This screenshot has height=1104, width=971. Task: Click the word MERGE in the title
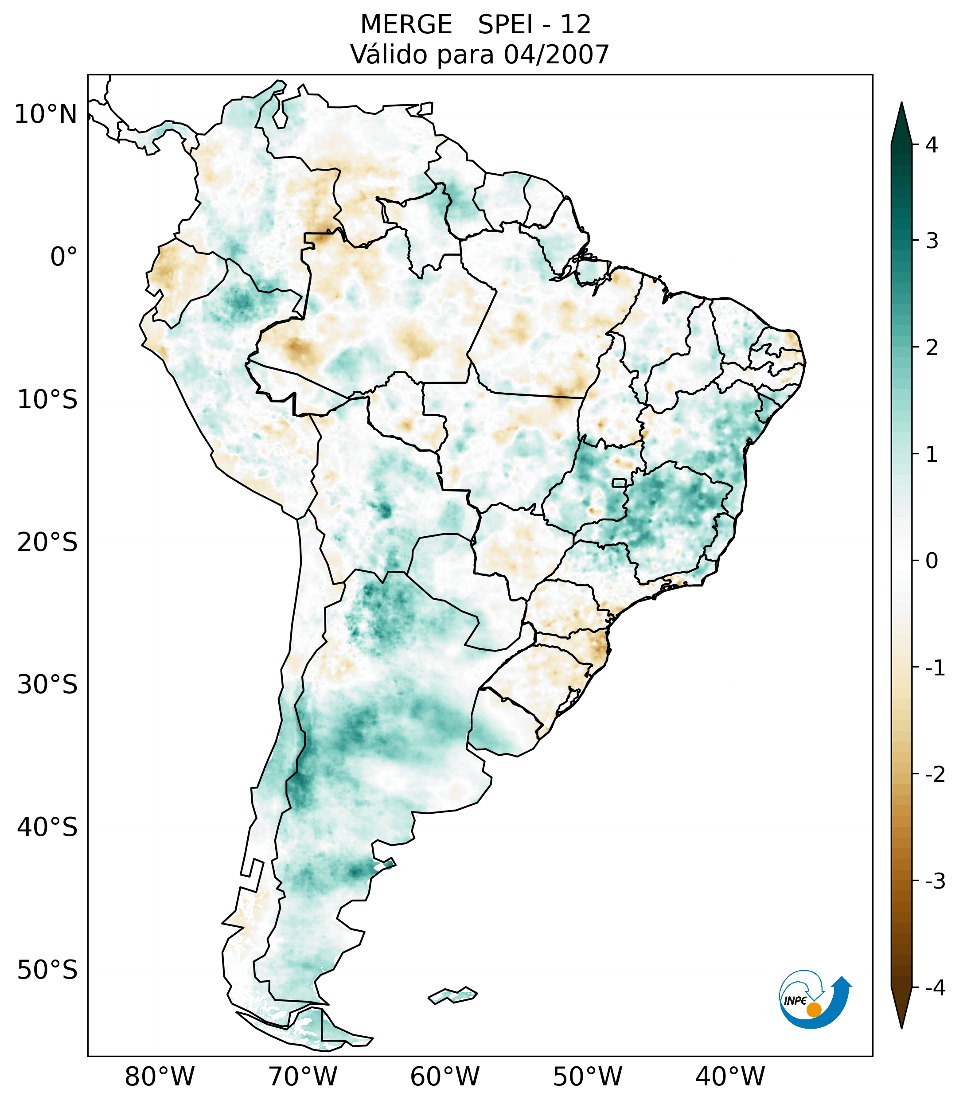(406, 25)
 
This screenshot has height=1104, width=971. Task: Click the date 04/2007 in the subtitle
(556, 55)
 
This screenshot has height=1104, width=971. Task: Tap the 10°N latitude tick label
(46, 114)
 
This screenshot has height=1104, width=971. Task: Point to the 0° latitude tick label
(64, 257)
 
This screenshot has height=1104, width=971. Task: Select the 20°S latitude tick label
(47, 542)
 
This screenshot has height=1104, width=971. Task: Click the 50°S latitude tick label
(47, 970)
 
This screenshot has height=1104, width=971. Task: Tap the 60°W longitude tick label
(445, 1076)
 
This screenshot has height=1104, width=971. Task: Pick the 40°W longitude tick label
(730, 1076)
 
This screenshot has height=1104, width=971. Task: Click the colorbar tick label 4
(932, 145)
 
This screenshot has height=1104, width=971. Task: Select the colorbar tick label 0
(932, 561)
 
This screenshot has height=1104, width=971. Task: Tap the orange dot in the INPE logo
(814, 1010)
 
